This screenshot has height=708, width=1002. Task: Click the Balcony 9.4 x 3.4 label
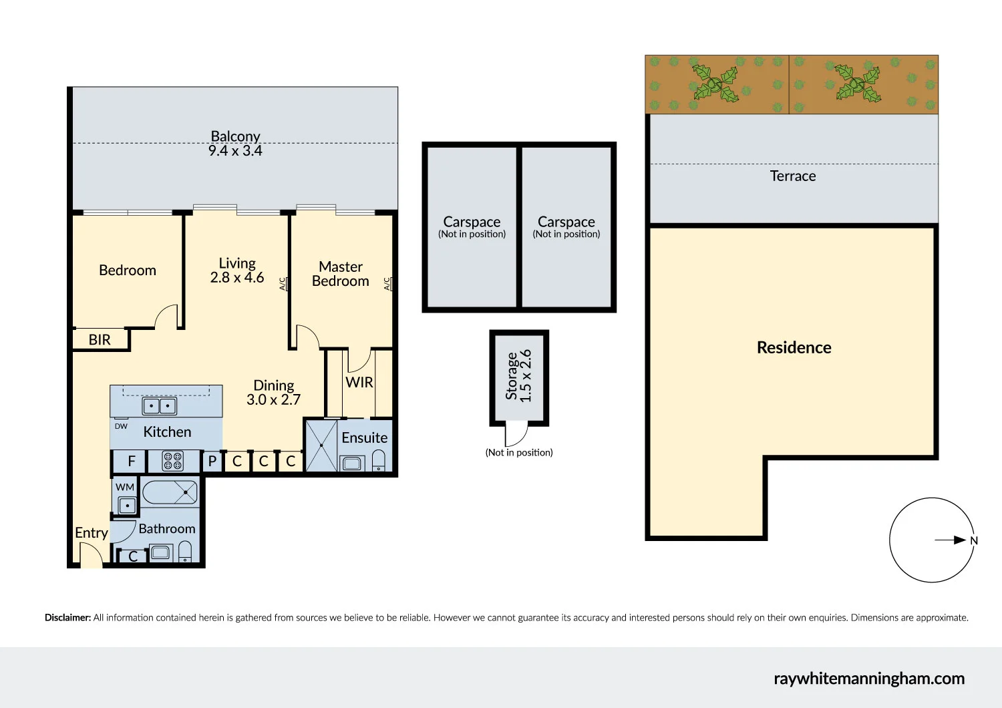[x=235, y=144]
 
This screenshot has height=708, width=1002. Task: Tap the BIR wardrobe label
[x=100, y=340]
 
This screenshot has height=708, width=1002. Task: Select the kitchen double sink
[x=160, y=405]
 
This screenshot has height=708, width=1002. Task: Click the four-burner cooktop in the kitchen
[x=173, y=461]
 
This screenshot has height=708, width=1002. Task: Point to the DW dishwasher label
[x=121, y=426]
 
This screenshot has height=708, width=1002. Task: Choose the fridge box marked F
[x=132, y=461]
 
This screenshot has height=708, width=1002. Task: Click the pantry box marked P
[x=212, y=461]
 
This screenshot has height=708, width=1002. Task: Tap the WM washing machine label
[x=125, y=487]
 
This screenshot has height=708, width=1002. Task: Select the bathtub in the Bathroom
[x=170, y=494]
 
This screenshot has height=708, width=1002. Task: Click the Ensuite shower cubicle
[x=321, y=445]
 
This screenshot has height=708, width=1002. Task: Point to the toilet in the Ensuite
[x=379, y=460]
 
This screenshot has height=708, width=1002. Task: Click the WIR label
[x=359, y=383]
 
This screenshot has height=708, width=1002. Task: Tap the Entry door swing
[x=90, y=554]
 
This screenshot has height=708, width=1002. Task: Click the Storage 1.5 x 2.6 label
[x=519, y=376]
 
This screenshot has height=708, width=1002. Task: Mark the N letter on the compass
[x=974, y=541]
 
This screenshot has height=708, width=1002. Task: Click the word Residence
[x=794, y=347]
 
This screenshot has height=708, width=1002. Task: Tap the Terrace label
[x=793, y=176]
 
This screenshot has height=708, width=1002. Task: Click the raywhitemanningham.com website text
[x=869, y=679]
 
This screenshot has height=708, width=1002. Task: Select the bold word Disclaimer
[x=67, y=618]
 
